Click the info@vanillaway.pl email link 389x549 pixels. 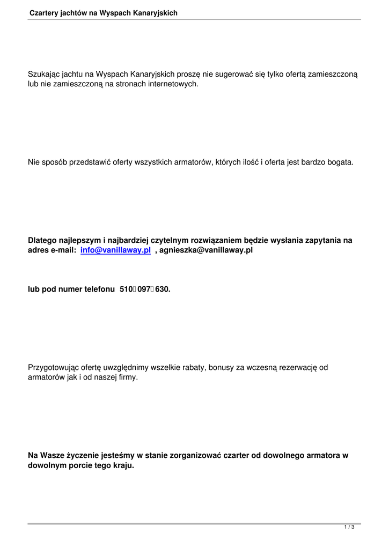[115, 250]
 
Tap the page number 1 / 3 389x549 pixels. [349, 528]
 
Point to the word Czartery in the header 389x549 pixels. [45, 12]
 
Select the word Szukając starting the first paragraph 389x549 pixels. [44, 74]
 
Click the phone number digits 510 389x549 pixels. [127, 289]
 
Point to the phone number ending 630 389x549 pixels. [163, 289]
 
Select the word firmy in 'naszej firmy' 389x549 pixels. [126, 377]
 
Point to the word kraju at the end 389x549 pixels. [122, 465]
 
